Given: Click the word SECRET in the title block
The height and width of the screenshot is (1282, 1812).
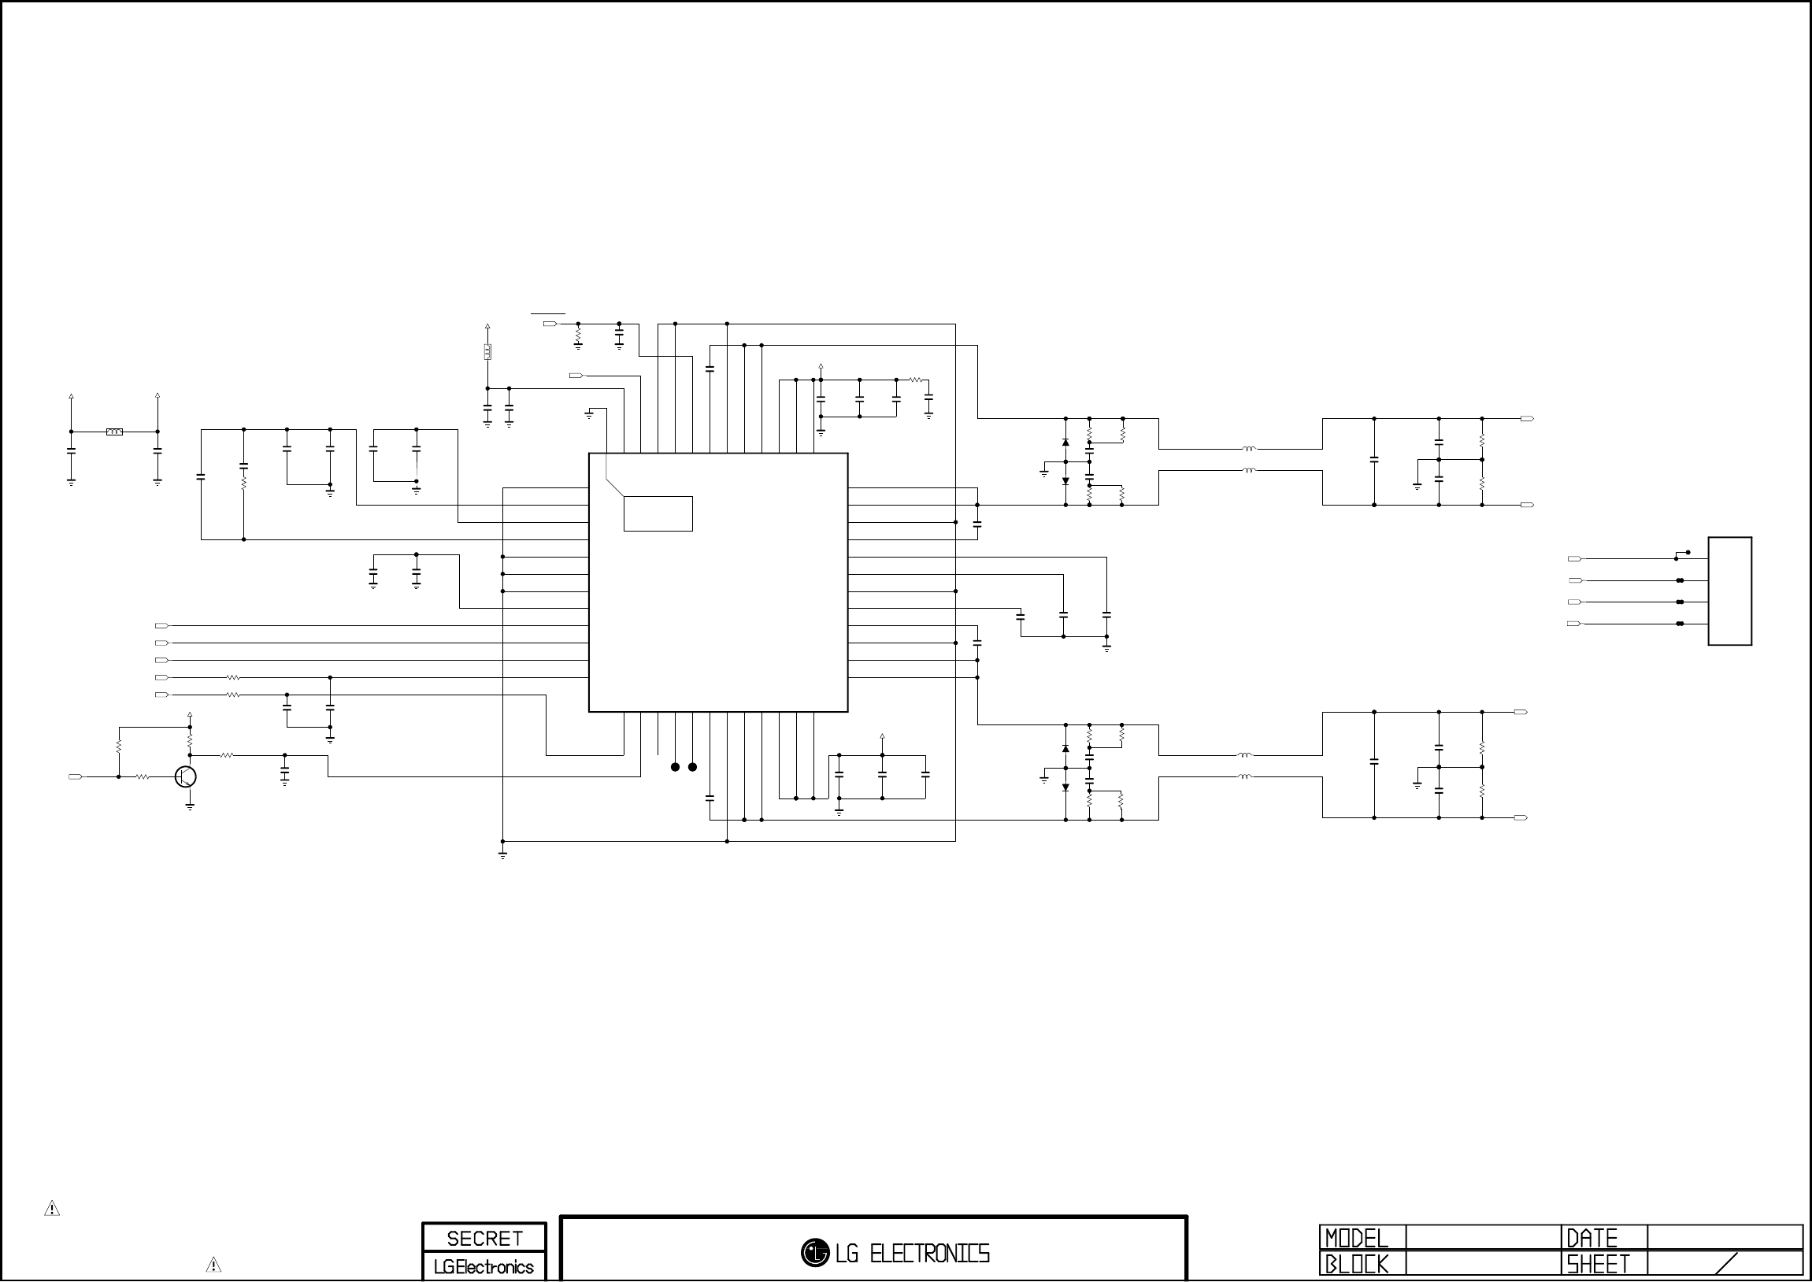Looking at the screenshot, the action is coord(484,1238).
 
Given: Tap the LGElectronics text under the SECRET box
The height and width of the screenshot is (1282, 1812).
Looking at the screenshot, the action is coord(484,1267).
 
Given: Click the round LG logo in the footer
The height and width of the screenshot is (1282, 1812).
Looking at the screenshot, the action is coord(814,1252).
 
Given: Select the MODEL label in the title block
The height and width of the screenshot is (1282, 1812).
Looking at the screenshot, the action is coord(1356,1238).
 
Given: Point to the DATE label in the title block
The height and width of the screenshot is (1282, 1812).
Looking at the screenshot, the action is coord(1592,1238).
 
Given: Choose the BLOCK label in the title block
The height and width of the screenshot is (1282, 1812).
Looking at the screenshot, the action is coord(1356,1265).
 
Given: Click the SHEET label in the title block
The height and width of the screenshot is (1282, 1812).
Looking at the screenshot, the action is coord(1598,1265).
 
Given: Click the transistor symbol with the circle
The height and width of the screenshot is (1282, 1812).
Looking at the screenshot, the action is coord(186,776).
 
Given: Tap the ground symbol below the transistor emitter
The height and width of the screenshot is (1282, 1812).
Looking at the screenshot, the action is coord(191,807).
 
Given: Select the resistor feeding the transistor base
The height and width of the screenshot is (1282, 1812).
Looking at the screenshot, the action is coord(143,776).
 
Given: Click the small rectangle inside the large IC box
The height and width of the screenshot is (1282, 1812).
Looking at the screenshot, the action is coord(658,514).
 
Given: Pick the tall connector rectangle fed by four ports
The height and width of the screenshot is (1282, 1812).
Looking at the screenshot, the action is coord(1730,591).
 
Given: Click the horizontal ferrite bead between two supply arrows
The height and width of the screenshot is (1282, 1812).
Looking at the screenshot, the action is coord(114,432).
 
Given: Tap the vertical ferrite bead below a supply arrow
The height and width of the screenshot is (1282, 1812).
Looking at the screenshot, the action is coord(487,352).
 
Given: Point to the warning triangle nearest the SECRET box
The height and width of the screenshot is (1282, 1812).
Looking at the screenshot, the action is coord(213,1265).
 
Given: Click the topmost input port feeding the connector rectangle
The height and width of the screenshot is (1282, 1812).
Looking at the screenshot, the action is coord(1574,559).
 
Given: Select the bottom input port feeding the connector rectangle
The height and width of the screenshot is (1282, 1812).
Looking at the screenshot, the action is coord(1573,624).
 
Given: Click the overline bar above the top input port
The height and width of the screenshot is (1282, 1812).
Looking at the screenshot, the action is coord(548,313).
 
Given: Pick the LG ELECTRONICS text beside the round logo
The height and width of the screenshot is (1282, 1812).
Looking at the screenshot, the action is coord(913,1253).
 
